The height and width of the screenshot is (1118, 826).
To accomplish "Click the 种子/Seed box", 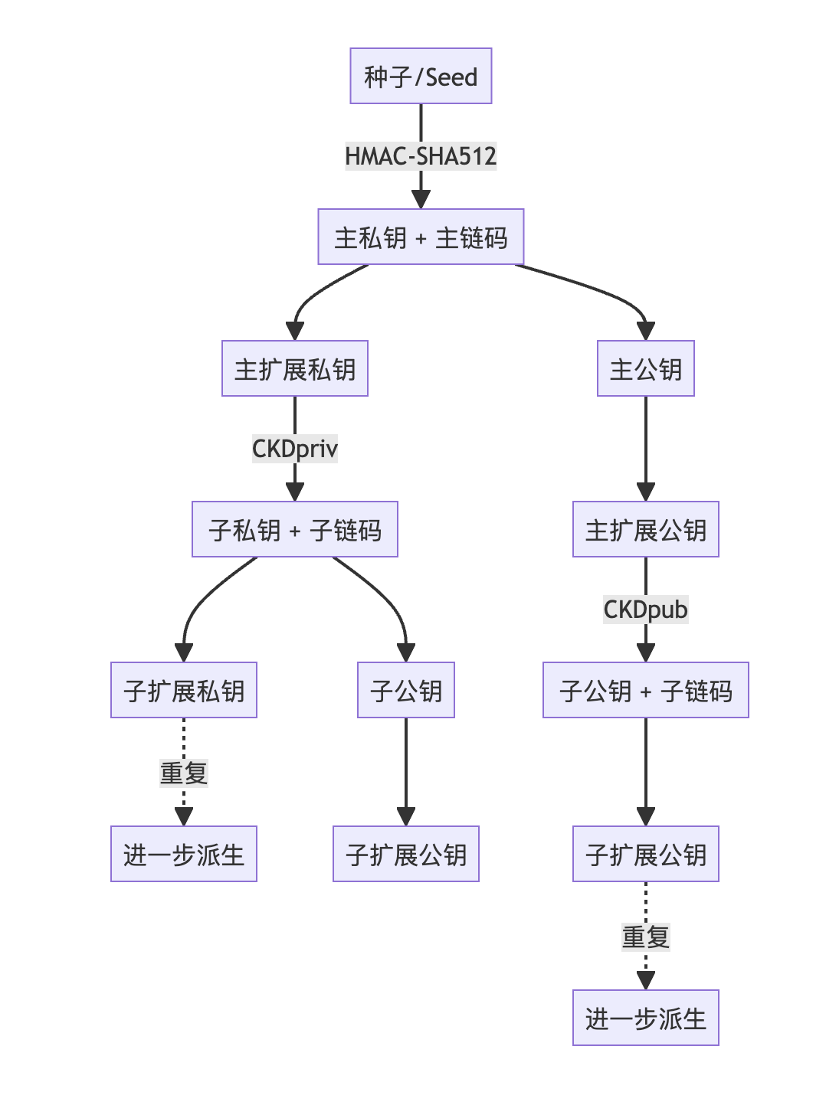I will click(x=421, y=76).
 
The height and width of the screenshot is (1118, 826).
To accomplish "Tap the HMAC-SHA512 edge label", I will click(x=421, y=156).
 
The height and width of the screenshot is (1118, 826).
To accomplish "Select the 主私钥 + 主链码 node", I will click(x=421, y=237).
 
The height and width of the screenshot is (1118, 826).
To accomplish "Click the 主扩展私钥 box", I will click(x=295, y=369).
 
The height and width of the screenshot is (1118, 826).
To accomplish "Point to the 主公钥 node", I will click(x=646, y=369).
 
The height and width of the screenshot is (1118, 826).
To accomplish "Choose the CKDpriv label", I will click(x=295, y=449).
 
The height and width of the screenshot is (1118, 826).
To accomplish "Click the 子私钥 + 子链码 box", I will click(x=295, y=530).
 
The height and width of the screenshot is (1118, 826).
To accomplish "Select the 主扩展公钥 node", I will click(x=646, y=530).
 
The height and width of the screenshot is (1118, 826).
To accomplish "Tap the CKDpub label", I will click(x=646, y=610).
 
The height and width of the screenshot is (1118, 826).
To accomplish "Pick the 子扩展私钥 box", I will click(x=184, y=691).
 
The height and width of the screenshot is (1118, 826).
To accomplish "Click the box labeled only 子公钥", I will click(x=406, y=691).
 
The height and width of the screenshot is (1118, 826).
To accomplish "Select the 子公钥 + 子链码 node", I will click(x=646, y=691).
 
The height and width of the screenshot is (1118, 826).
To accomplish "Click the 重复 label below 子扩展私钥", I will click(x=184, y=773).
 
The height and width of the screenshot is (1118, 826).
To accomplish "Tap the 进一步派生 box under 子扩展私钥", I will click(x=184, y=855).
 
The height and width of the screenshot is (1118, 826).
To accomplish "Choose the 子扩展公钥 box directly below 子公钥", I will click(x=406, y=855).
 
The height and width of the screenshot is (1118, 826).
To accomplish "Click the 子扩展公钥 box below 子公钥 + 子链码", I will click(x=646, y=855).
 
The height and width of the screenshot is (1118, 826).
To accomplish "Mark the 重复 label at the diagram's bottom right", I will click(x=646, y=937).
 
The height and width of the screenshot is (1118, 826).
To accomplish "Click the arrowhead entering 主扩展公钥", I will click(x=646, y=492).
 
